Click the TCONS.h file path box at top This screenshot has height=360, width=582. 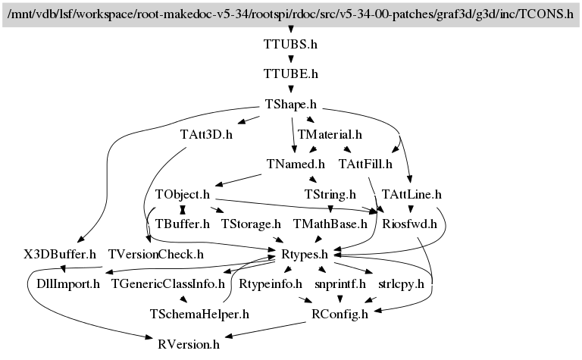click(x=290, y=14)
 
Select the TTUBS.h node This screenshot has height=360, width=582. click(x=290, y=44)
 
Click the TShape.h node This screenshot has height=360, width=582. click(x=290, y=104)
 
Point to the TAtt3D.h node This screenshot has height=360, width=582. click(x=206, y=134)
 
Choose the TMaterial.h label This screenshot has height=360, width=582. click(x=330, y=134)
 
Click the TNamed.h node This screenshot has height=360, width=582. click(x=296, y=164)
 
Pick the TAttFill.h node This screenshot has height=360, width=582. click(x=365, y=164)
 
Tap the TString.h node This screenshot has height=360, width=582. click(x=330, y=194)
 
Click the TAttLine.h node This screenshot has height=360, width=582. click(x=411, y=194)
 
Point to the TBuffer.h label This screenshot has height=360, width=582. click(x=182, y=224)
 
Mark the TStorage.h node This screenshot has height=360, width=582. click(x=251, y=224)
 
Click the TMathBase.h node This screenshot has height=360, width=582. click(x=330, y=224)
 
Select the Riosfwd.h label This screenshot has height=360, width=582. click(x=410, y=224)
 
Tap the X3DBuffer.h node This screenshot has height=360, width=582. click(x=60, y=254)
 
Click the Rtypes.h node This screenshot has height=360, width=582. click(x=304, y=254)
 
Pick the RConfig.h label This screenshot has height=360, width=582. click(x=339, y=314)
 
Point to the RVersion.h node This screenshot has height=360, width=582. click(x=189, y=344)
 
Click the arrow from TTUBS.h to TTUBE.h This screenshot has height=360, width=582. click(x=290, y=59)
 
